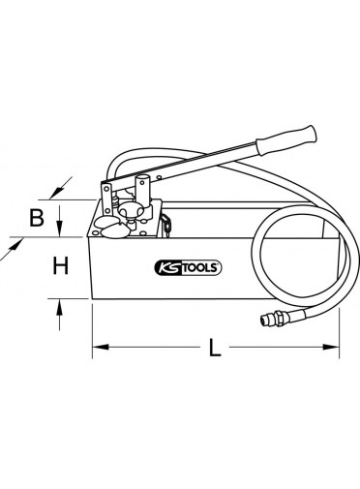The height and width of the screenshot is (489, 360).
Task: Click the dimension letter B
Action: [x=37, y=218]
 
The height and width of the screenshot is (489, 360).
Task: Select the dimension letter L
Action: [x=215, y=348]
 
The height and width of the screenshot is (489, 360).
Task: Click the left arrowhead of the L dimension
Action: [x=100, y=348]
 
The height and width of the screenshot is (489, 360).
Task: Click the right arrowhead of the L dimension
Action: [x=332, y=348]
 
